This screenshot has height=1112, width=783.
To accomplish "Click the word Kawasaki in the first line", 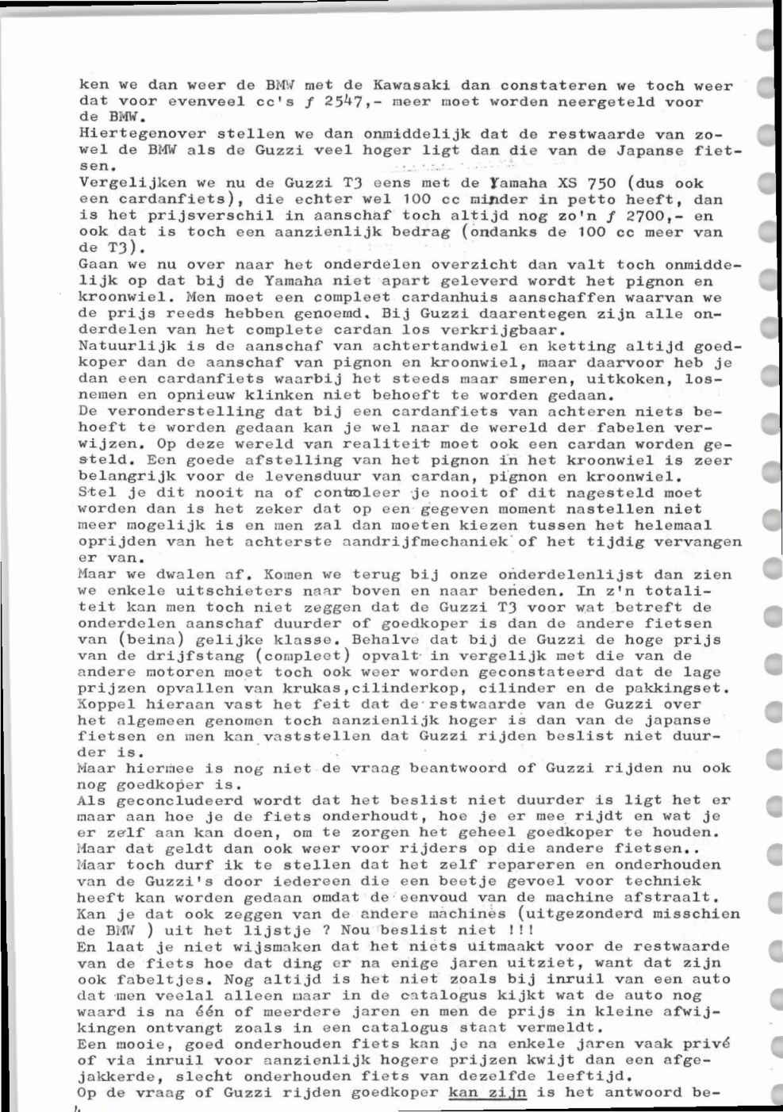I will point(411,86).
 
